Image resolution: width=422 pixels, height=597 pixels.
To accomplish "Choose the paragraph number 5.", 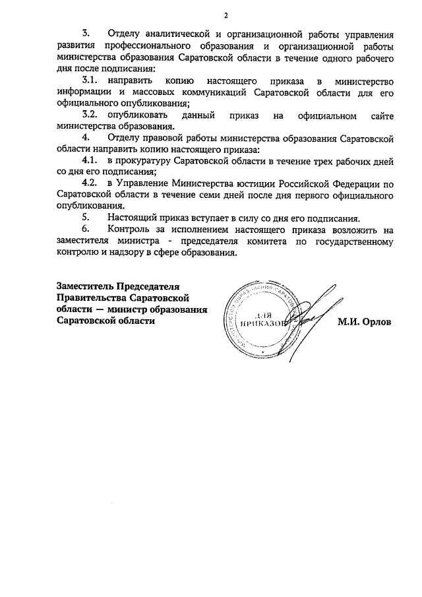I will (x=85, y=218).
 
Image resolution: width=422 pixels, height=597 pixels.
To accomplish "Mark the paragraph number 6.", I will (x=85, y=230).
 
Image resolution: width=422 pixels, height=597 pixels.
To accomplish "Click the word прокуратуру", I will (x=143, y=162).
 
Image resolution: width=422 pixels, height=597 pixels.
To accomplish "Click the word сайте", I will (x=381, y=115).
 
